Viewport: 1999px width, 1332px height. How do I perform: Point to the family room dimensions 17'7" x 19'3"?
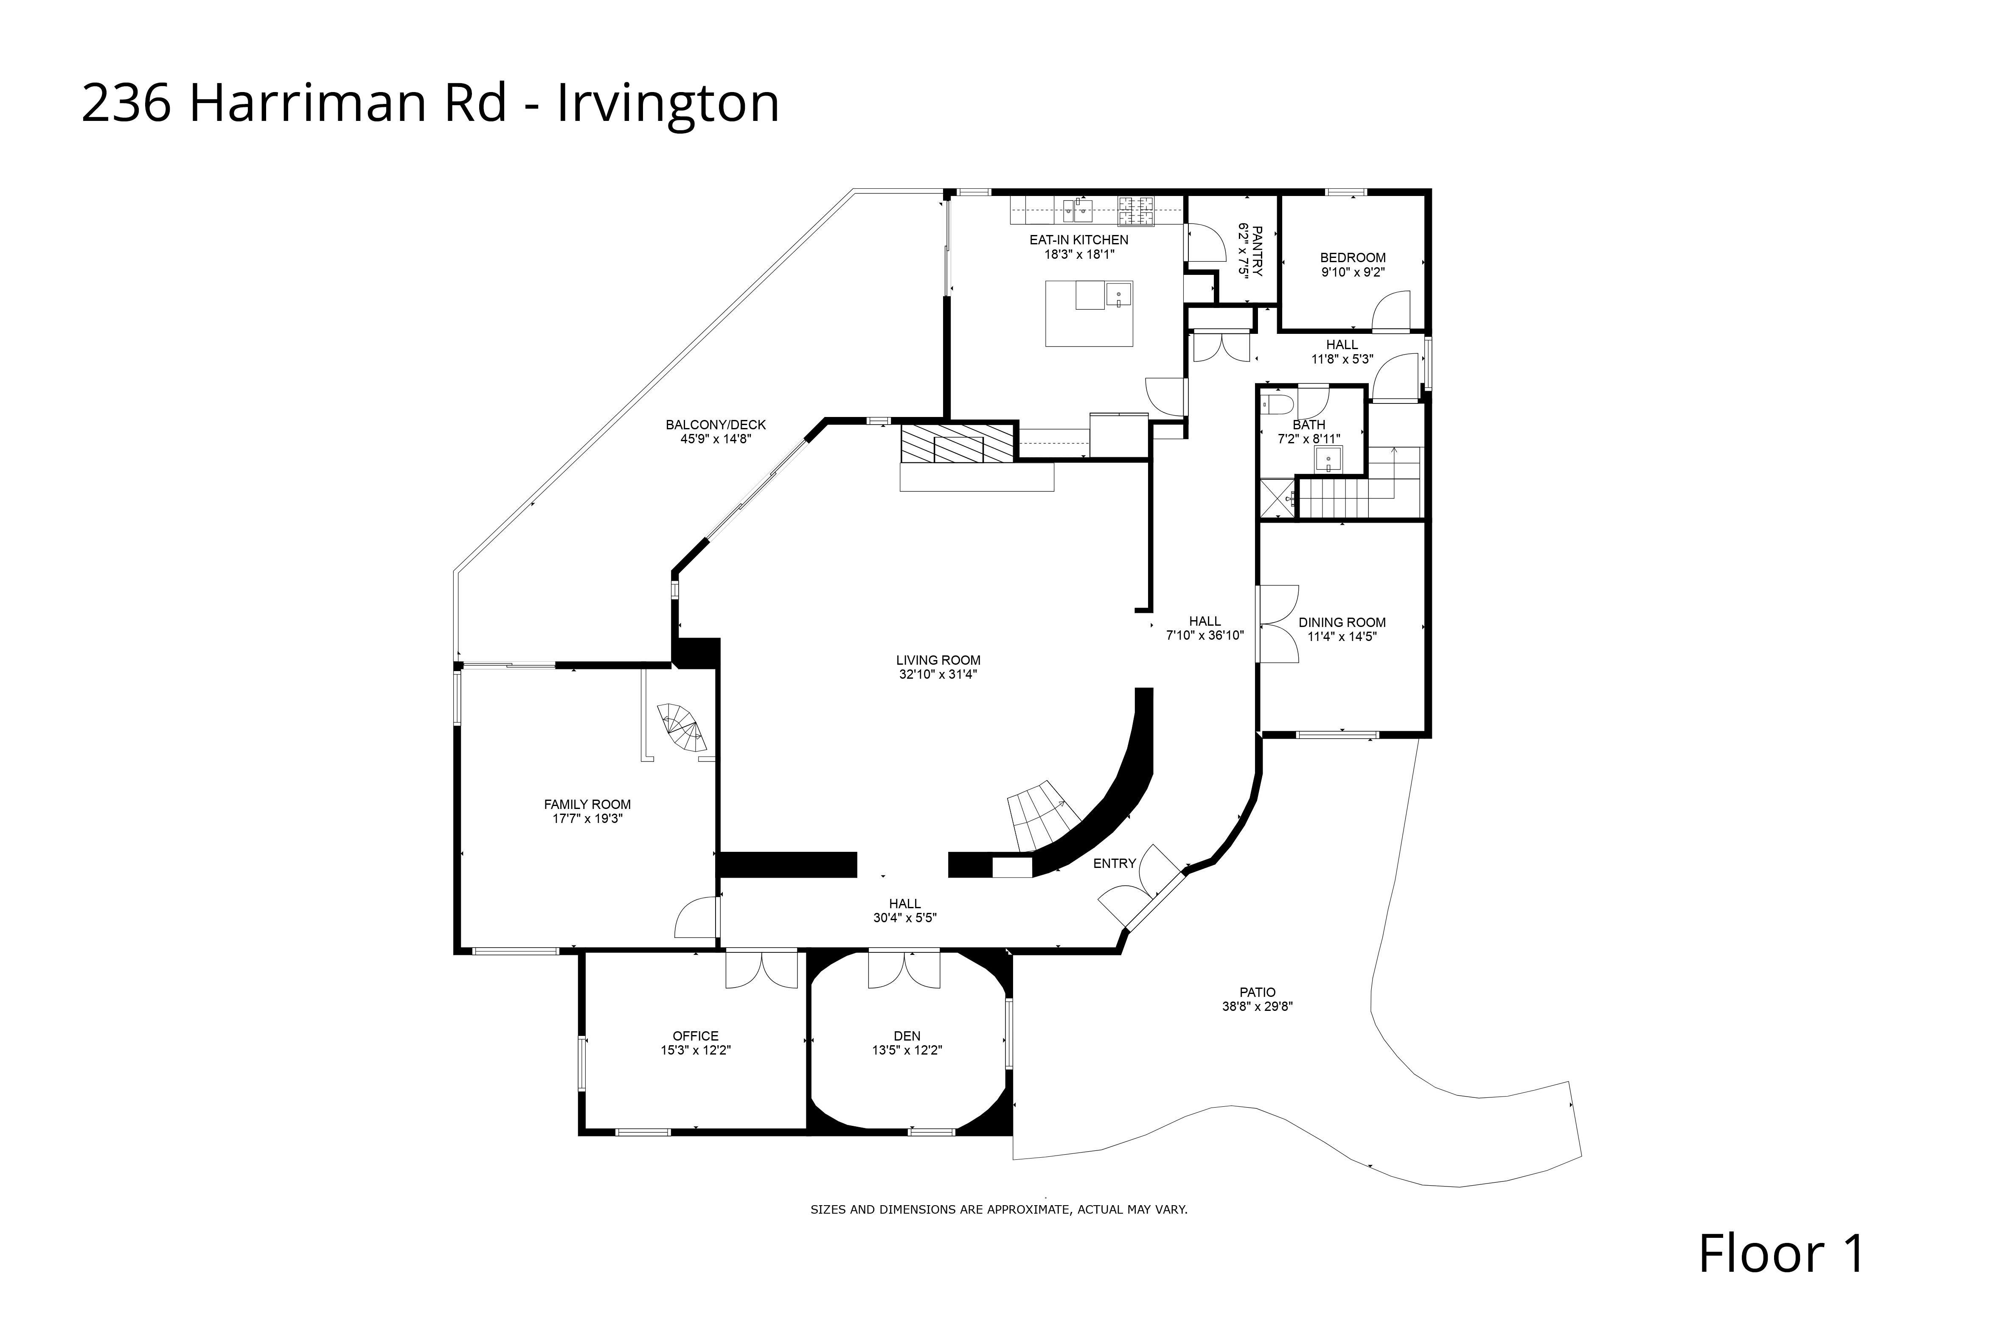(587, 819)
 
